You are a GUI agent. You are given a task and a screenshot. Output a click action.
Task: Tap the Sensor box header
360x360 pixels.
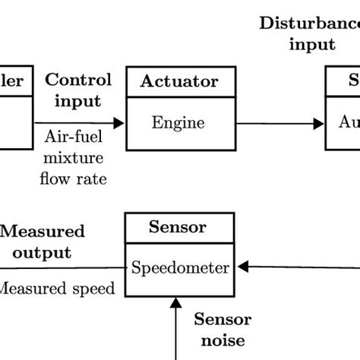[x=177, y=227]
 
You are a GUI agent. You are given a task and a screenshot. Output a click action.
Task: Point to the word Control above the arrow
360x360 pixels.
[x=78, y=81]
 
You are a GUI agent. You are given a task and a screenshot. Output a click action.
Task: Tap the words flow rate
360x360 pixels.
[x=78, y=179]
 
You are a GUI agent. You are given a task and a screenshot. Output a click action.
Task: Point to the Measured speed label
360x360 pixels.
[x=57, y=288]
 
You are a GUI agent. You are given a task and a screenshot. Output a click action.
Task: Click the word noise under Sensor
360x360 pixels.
[x=221, y=341]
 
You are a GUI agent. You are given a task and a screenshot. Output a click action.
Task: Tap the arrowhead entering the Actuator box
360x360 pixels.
[x=120, y=122]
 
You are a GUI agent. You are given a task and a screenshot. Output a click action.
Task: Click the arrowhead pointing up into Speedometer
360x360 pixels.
[x=176, y=303]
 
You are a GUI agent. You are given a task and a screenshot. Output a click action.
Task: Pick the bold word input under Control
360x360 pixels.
[x=78, y=100]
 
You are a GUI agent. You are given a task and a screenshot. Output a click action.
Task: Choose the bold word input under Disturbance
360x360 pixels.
[x=311, y=44]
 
